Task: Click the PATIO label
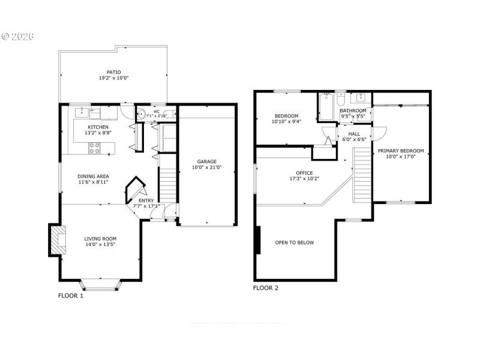click(x=114, y=72)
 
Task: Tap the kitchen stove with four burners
click(x=95, y=148)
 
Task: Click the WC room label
click(x=156, y=112)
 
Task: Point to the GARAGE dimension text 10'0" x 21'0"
click(x=207, y=168)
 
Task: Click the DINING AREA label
click(x=92, y=176)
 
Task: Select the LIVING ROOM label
click(x=100, y=238)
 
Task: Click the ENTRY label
click(x=146, y=200)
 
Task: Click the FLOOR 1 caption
click(x=70, y=296)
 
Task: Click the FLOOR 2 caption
click(x=265, y=288)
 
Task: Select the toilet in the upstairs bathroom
click(x=341, y=100)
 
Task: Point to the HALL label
click(x=354, y=134)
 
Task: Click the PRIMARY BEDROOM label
click(x=400, y=151)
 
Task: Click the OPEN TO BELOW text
click(x=294, y=243)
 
